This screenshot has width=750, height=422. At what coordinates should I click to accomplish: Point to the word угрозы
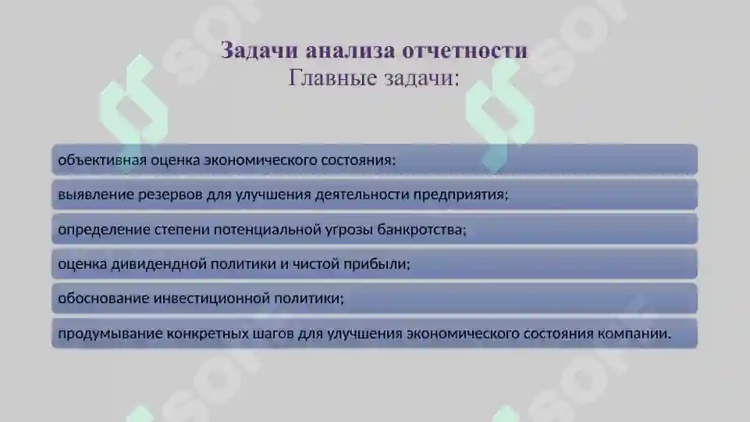[348, 230]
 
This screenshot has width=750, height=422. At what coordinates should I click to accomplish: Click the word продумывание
[109, 334]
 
